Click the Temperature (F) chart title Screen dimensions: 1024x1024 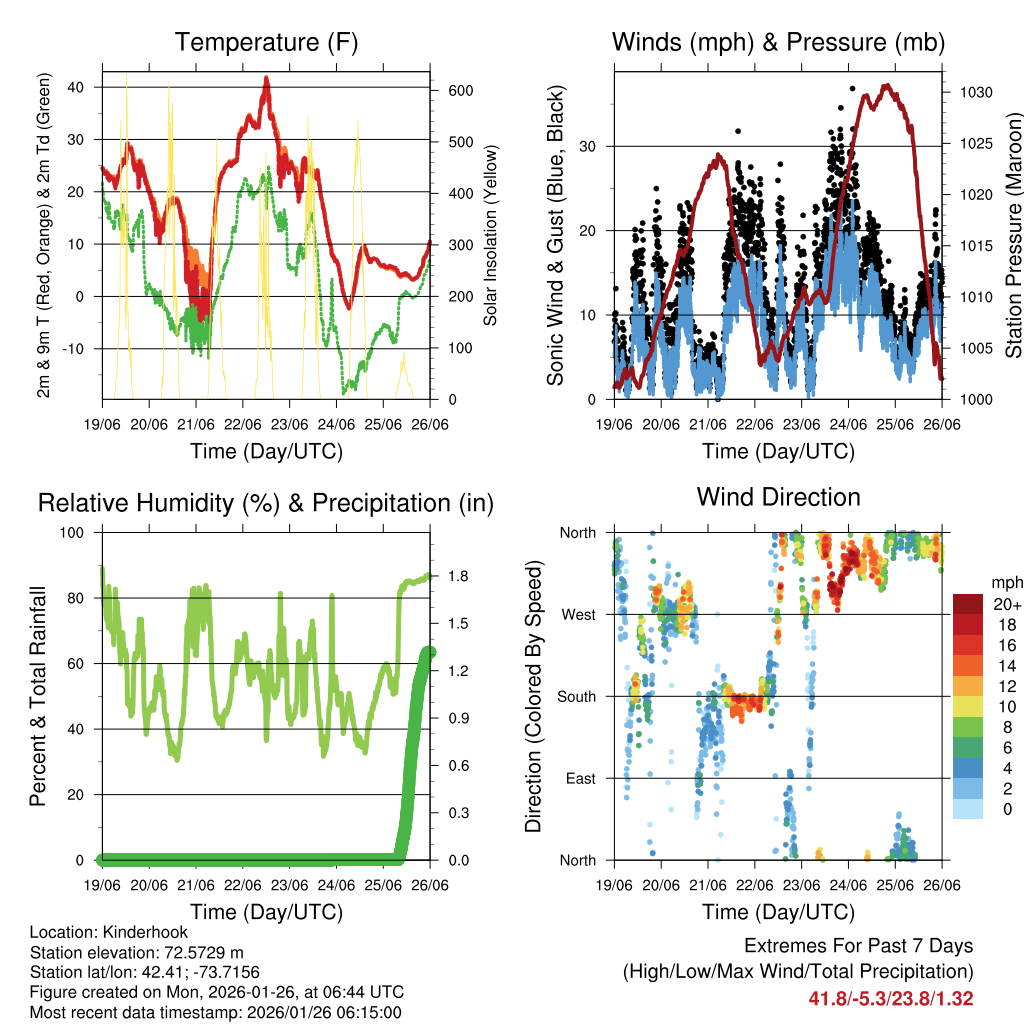[266, 42]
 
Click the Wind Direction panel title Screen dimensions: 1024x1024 [778, 497]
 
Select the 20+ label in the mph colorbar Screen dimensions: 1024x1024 [1006, 604]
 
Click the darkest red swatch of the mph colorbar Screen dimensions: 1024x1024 [968, 604]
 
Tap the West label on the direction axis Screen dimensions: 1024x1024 [578, 614]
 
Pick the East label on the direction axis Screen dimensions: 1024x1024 [580, 778]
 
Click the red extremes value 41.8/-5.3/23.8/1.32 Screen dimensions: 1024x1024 [890, 998]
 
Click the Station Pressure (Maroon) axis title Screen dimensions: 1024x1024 [1013, 234]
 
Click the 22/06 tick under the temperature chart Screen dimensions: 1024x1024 [243, 424]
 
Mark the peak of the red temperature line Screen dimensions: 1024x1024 [266, 79]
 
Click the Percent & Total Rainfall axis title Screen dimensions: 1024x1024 [38, 696]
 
